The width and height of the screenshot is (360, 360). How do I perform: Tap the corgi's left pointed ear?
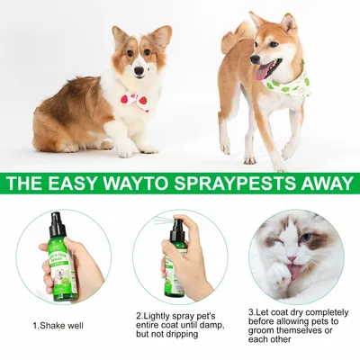pyautogui.click(x=119, y=35)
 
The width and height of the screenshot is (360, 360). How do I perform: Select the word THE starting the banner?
pyautogui.click(x=26, y=184)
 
